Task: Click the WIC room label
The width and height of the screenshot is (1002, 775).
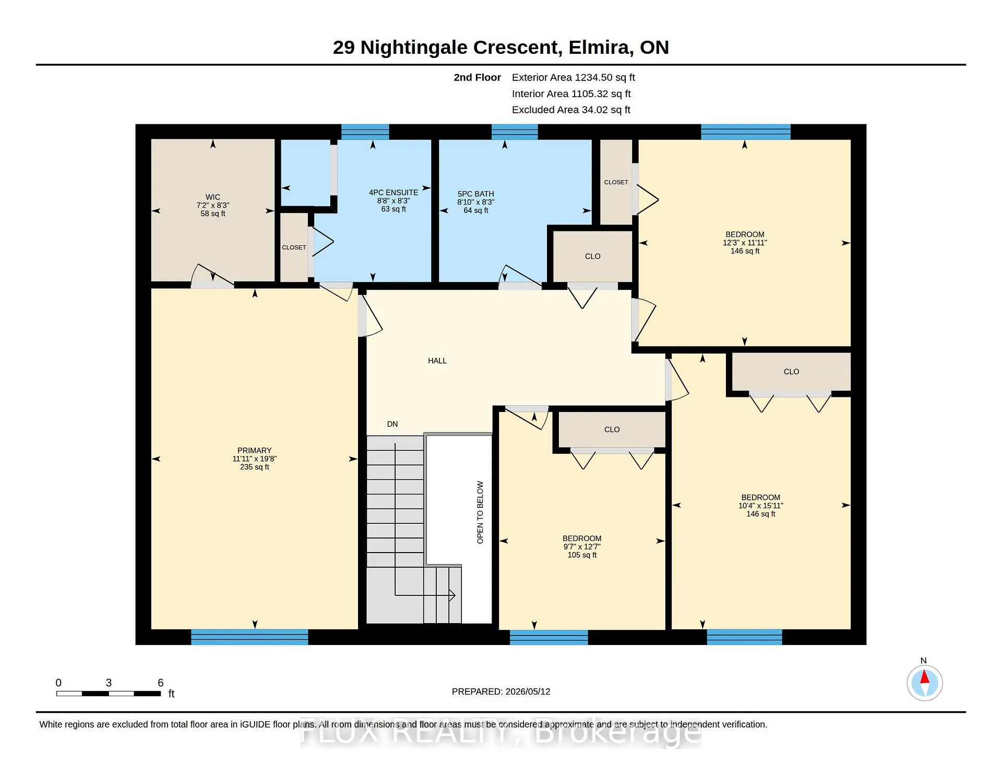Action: (x=213, y=197)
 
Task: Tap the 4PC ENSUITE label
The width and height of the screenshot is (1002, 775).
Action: (x=393, y=193)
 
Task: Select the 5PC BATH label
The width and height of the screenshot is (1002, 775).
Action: (x=475, y=194)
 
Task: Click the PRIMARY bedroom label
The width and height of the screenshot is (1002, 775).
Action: (x=255, y=450)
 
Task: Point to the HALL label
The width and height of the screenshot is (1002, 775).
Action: (x=437, y=361)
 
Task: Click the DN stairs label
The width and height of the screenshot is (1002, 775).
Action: (x=392, y=424)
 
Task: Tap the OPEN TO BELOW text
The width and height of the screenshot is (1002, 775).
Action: (x=480, y=512)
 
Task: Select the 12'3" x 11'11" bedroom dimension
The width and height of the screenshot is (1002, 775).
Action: (x=745, y=243)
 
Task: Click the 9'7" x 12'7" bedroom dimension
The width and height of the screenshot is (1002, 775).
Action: (x=582, y=547)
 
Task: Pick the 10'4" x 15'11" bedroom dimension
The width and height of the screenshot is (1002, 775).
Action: (x=761, y=506)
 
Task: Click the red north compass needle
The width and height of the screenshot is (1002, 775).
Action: (x=925, y=677)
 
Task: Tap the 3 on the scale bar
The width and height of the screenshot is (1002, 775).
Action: (x=109, y=683)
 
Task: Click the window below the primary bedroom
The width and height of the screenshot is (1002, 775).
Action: (x=249, y=637)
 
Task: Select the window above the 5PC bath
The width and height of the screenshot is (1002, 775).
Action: (x=515, y=132)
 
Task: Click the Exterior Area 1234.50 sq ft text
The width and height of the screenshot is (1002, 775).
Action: (x=574, y=78)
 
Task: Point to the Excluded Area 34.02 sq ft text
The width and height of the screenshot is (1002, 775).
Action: (x=571, y=110)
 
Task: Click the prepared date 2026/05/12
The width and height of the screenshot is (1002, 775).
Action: (x=528, y=691)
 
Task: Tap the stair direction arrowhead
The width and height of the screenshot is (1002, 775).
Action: (x=452, y=595)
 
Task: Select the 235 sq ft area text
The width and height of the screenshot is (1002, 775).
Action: (x=255, y=467)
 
